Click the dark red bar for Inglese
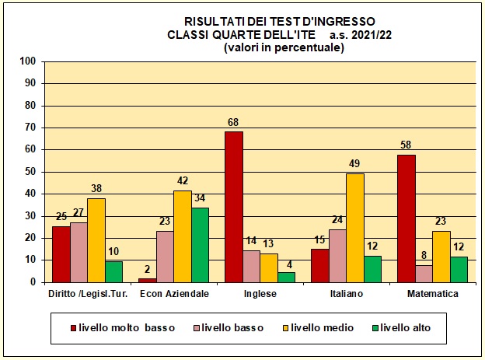coord(233,207)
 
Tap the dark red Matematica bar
coord(406,218)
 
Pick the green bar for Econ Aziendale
coord(200,244)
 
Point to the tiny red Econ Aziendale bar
coord(147,279)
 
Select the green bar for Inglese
coord(287,277)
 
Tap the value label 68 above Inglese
coord(233,123)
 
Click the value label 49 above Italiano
coord(355,165)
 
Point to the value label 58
coord(406,145)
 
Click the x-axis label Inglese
coord(260,294)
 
